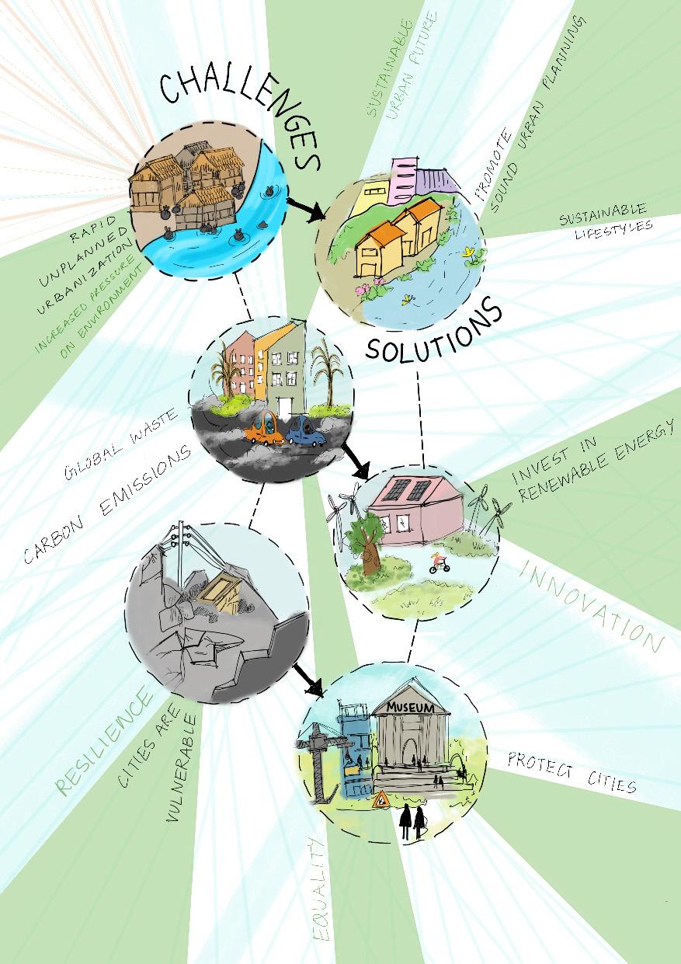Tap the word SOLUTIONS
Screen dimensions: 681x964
click(x=434, y=334)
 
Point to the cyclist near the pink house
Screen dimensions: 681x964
click(x=440, y=561)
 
